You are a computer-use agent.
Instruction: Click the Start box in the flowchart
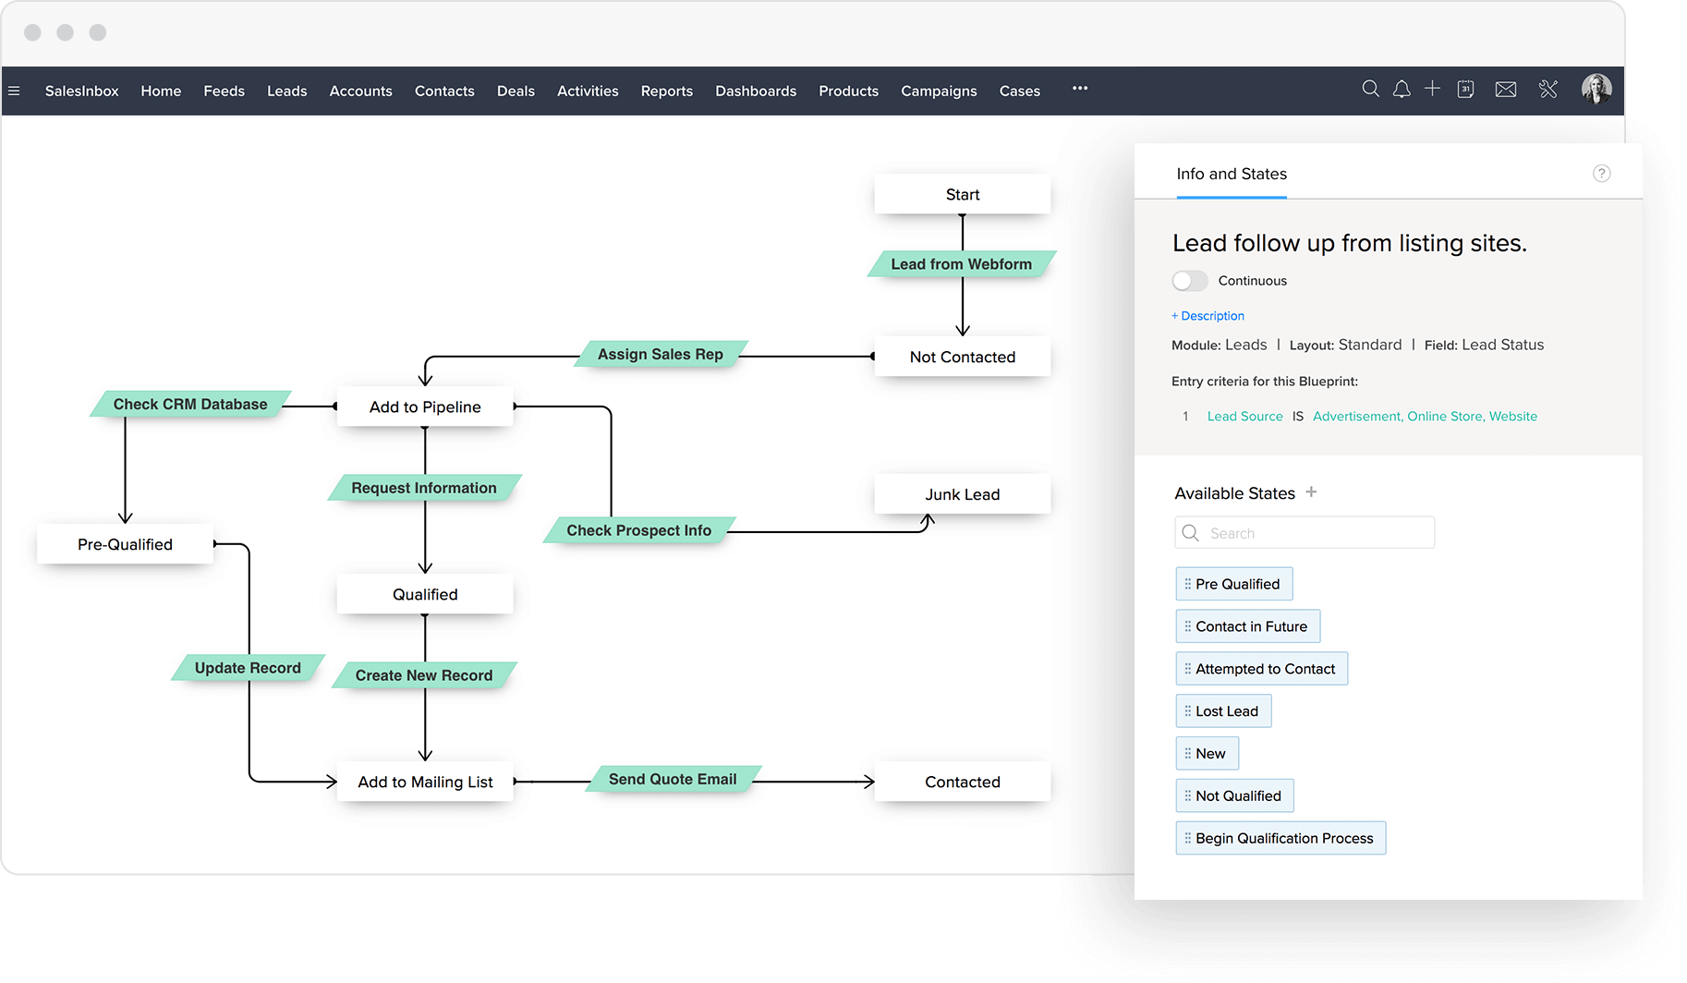[x=962, y=194]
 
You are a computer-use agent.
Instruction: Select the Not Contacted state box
[x=962, y=357]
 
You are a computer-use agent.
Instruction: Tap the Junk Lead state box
[x=962, y=494]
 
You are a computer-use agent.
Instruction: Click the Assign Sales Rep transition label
[x=661, y=354]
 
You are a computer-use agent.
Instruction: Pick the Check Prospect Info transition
[x=639, y=530]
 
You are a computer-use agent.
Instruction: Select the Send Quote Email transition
[x=673, y=779]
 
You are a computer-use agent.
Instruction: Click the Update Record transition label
[x=248, y=668]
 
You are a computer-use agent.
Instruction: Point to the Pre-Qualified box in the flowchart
[x=125, y=544]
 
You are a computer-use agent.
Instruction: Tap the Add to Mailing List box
[x=425, y=782]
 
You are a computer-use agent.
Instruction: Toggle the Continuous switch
[x=1190, y=281]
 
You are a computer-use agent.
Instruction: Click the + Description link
[x=1208, y=316]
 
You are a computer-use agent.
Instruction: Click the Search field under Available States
[x=1305, y=533]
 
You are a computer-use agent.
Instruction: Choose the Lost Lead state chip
[x=1223, y=711]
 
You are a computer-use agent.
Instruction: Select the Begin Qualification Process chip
[x=1280, y=838]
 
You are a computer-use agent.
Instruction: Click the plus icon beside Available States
[x=1311, y=492]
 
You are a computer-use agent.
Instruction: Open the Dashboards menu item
[x=756, y=91]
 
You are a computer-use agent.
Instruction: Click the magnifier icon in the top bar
[x=1371, y=89]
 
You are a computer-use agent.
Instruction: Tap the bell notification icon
[x=1402, y=89]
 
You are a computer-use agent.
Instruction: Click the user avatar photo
[x=1596, y=89]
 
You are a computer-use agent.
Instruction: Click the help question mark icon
[x=1602, y=174]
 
